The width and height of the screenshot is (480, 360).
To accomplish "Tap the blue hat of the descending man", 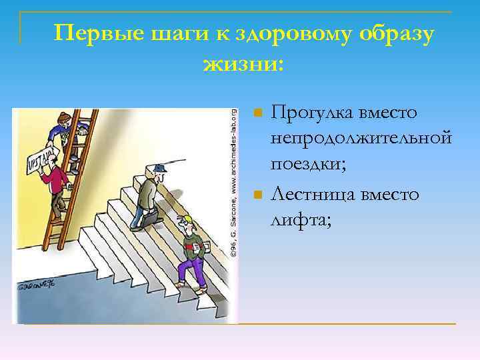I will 158,169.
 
